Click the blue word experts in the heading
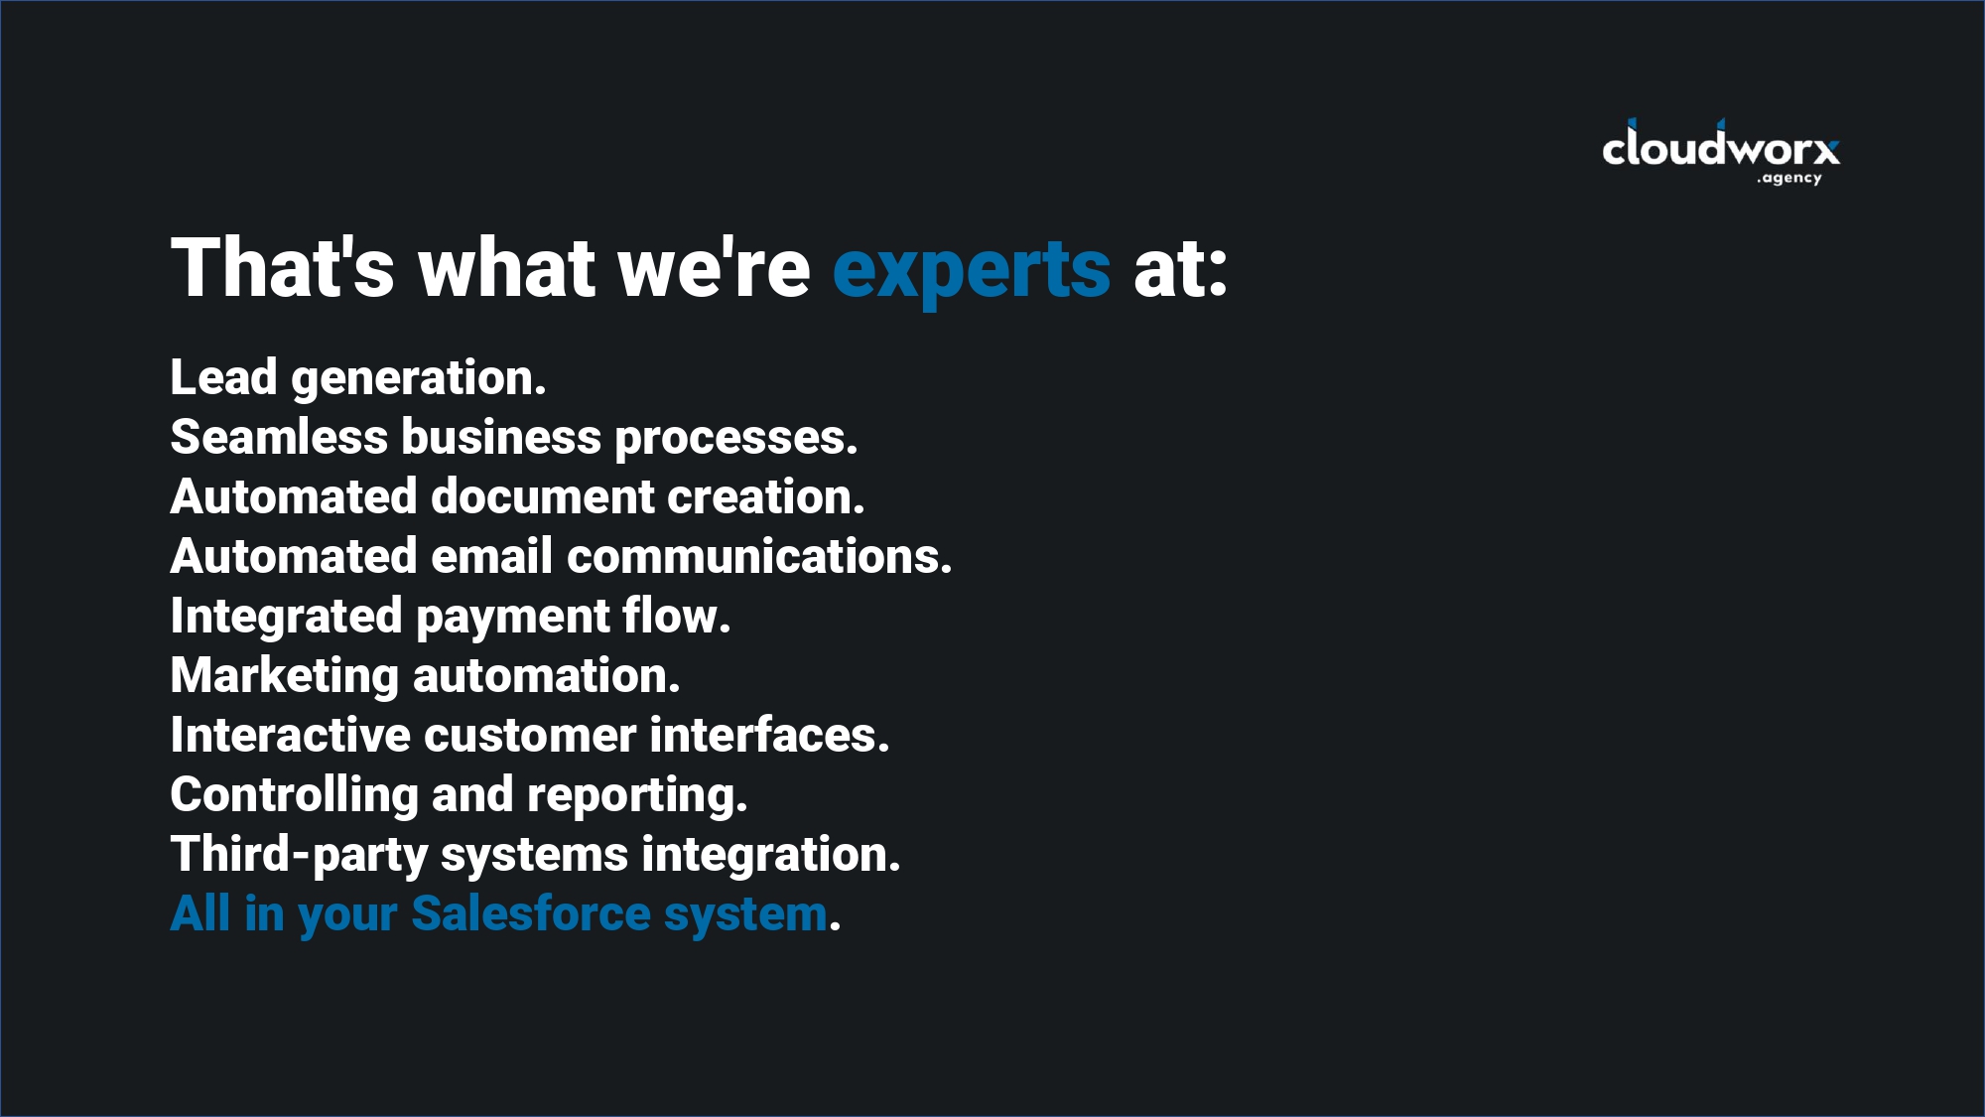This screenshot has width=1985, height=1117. click(x=971, y=269)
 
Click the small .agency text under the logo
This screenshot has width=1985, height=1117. click(x=1789, y=179)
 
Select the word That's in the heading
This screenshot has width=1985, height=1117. click(x=283, y=267)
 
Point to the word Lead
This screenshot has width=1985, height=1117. click(x=223, y=377)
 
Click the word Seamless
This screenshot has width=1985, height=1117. click(x=279, y=437)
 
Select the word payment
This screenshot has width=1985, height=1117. click(x=512, y=618)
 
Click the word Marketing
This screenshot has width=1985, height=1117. click(x=284, y=676)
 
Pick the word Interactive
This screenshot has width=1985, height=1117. click(x=290, y=735)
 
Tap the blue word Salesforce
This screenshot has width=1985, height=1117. click(x=531, y=913)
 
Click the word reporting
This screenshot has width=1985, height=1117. click(x=636, y=796)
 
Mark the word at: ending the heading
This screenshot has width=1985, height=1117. click(x=1180, y=269)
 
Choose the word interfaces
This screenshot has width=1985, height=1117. click(x=769, y=735)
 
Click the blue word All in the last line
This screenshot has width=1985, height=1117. click(x=200, y=913)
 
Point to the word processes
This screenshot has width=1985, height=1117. click(x=735, y=438)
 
